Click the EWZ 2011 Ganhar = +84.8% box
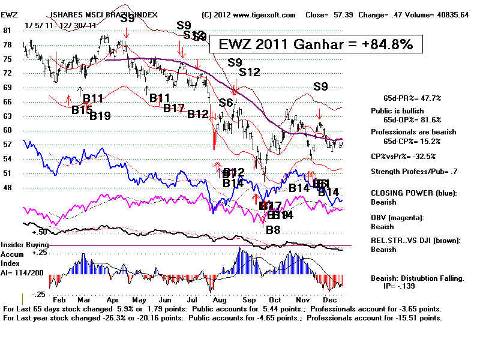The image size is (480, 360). click(316, 44)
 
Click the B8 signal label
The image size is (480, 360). click(273, 229)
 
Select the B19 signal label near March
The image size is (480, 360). click(101, 116)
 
